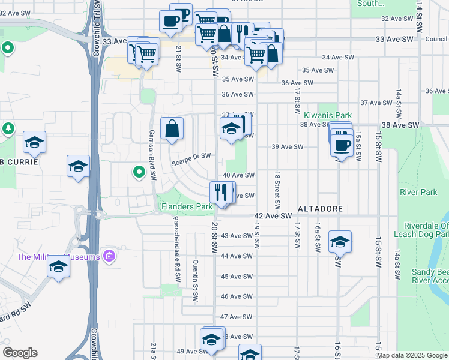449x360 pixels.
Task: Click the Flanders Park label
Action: [187, 207]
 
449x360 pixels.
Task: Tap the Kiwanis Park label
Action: [327, 115]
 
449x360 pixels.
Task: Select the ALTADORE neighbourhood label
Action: [321, 209]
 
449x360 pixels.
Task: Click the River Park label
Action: [418, 193]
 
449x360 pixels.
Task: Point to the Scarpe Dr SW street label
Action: [191, 157]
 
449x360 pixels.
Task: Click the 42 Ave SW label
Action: [273, 215]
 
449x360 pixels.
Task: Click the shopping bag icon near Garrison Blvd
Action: [172, 128]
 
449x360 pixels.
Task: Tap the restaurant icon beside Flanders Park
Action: [221, 193]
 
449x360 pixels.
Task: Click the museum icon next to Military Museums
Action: [109, 257]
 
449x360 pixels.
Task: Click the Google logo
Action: [20, 353]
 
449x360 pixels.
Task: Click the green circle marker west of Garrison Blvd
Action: [139, 173]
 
